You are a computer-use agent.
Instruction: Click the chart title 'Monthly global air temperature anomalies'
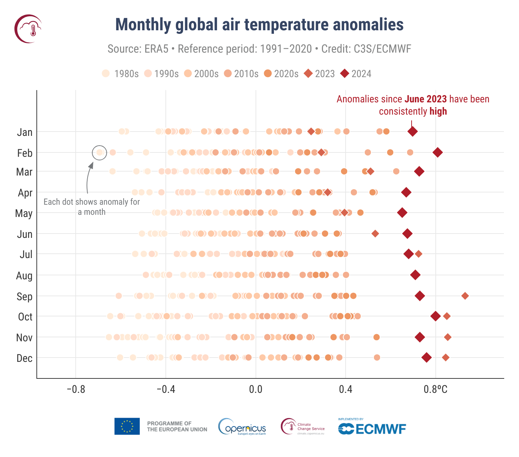(x=259, y=25)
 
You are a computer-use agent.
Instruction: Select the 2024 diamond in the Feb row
(x=438, y=152)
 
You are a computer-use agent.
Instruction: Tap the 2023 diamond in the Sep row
(x=465, y=296)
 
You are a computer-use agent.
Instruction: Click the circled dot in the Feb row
(x=99, y=152)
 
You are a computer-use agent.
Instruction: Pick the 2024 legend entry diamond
(x=345, y=74)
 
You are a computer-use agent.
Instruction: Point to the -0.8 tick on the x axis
(x=76, y=390)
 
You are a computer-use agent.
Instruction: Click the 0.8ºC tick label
(x=435, y=390)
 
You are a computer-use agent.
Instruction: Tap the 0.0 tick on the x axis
(x=256, y=390)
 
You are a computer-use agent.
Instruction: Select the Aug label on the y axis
(x=24, y=276)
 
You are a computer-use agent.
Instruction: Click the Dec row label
(x=25, y=358)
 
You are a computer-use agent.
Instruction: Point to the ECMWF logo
(x=372, y=429)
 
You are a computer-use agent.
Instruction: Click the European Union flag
(x=127, y=426)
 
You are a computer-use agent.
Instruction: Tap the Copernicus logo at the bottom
(x=242, y=427)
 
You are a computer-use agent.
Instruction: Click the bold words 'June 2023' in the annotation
(x=425, y=99)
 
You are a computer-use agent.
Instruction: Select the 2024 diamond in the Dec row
(x=427, y=358)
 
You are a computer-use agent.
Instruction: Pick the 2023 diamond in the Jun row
(x=375, y=234)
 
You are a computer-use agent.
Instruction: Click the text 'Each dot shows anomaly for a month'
(x=92, y=207)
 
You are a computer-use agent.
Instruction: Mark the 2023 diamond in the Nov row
(x=448, y=337)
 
